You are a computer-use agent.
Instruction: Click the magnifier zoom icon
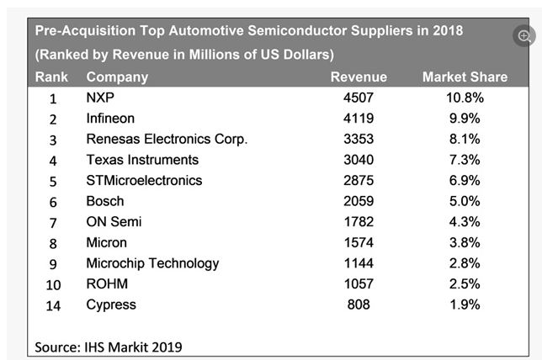[x=525, y=36]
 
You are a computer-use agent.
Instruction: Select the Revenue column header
[x=359, y=77]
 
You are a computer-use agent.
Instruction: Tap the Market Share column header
[x=465, y=77]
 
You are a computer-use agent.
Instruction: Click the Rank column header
[x=51, y=77]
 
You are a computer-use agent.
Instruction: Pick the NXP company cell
[x=100, y=98]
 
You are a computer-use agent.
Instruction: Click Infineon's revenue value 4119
[x=359, y=119]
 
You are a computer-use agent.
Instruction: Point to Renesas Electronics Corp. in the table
[x=167, y=139]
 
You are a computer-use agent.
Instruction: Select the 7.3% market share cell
[x=465, y=160]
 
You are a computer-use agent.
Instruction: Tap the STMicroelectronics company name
[x=144, y=180]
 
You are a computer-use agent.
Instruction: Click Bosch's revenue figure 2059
[x=359, y=201]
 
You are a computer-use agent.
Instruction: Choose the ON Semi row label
[x=114, y=221]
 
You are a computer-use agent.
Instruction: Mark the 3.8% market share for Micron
[x=465, y=242]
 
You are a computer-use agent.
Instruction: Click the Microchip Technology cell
[x=152, y=263]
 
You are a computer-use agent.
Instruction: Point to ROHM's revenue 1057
[x=359, y=283]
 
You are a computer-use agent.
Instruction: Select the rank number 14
[x=52, y=304]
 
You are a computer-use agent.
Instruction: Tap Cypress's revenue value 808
[x=359, y=304]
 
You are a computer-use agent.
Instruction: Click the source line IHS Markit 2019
[x=109, y=346]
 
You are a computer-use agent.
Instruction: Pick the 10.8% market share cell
[x=465, y=98]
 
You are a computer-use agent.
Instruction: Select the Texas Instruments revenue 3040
[x=359, y=160]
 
